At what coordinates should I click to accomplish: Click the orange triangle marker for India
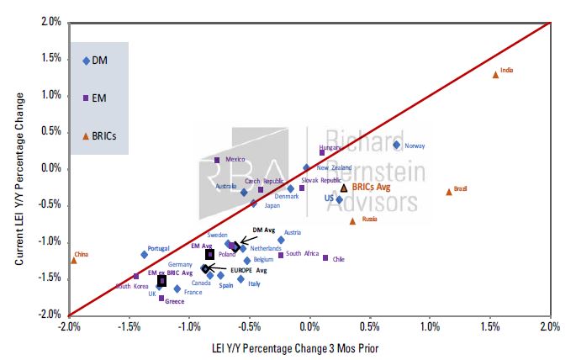pyautogui.click(x=495, y=74)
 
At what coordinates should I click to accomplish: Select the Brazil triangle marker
pyautogui.click(x=449, y=191)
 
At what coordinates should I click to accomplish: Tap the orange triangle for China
pyautogui.click(x=74, y=260)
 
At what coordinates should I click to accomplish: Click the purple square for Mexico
pyautogui.click(x=217, y=160)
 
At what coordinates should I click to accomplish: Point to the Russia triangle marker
pyautogui.click(x=352, y=221)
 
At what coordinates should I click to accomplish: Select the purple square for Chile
pyautogui.click(x=325, y=257)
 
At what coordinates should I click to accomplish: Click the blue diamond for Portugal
pyautogui.click(x=145, y=254)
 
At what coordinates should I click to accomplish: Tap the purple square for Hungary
pyautogui.click(x=322, y=153)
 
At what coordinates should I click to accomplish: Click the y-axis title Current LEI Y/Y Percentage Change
pyautogui.click(x=18, y=169)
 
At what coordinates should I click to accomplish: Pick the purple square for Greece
pyautogui.click(x=161, y=298)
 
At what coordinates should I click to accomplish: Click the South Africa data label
pyautogui.click(x=302, y=253)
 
